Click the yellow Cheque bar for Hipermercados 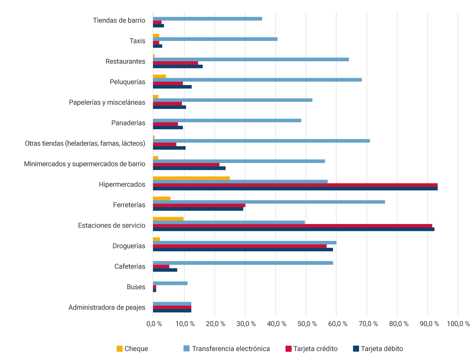pos(191,178)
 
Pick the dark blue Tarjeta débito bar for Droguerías pos(243,249)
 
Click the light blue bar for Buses pos(170,283)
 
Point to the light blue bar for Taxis pos(215,39)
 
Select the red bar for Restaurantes pos(175,63)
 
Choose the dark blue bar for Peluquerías pos(172,87)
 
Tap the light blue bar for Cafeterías pos(243,263)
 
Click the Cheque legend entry pos(132,349)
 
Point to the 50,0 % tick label pos(306,324)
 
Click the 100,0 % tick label pos(458,324)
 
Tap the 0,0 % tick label pos(154,324)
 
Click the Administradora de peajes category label pos(107,308)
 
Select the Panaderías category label pos(128,123)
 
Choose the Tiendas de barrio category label pos(119,21)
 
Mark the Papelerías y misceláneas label pos(107,103)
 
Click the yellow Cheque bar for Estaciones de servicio pos(168,219)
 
